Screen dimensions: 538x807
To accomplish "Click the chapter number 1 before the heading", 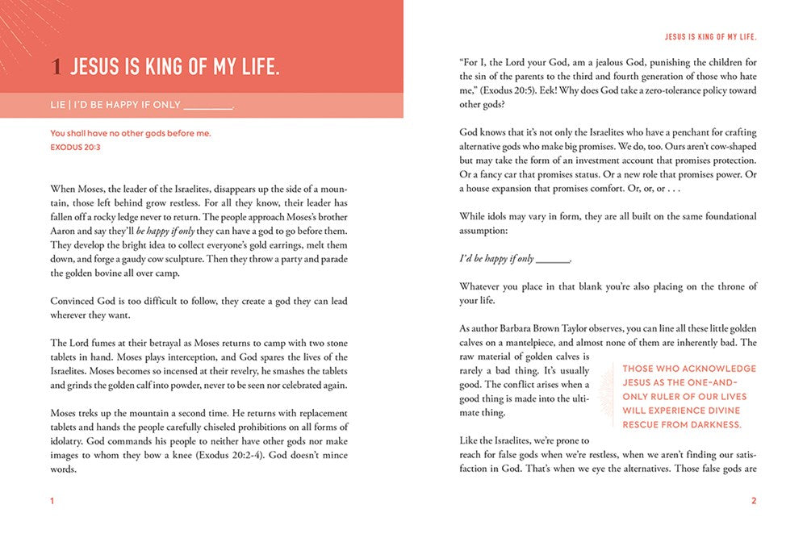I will point(56,68).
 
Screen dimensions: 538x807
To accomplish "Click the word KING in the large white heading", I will point(167,68).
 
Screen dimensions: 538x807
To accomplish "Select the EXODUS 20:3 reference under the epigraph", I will point(75,148).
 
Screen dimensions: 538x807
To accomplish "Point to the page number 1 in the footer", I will point(52,501).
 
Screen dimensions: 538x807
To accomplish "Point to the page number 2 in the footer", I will point(754,501).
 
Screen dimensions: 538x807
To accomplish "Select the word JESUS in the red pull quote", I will point(642,383).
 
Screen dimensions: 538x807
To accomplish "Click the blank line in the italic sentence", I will point(553,259).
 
